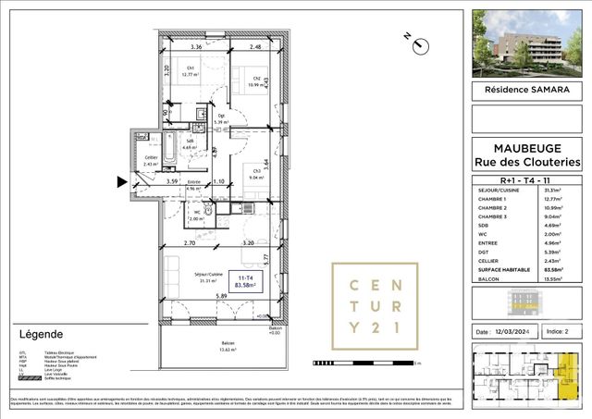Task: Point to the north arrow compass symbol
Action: pos(418,43)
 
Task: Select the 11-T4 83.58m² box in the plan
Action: pos(246,280)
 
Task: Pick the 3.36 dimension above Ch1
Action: pos(196,46)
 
